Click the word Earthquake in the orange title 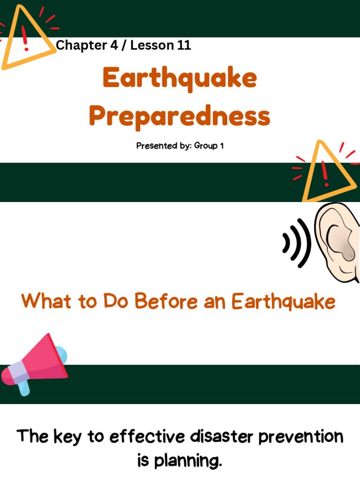[x=180, y=78]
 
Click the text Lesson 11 [x=161, y=45]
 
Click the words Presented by [x=163, y=146]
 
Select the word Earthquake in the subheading [x=284, y=301]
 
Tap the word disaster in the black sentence [x=217, y=437]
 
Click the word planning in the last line [x=186, y=462]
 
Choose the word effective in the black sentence [x=147, y=437]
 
